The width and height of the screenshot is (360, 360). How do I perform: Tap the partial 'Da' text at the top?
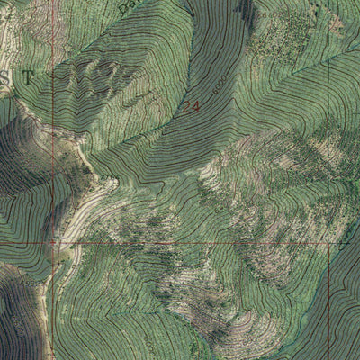[127, 6]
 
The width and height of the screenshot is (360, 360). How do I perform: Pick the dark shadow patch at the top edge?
[243, 9]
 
